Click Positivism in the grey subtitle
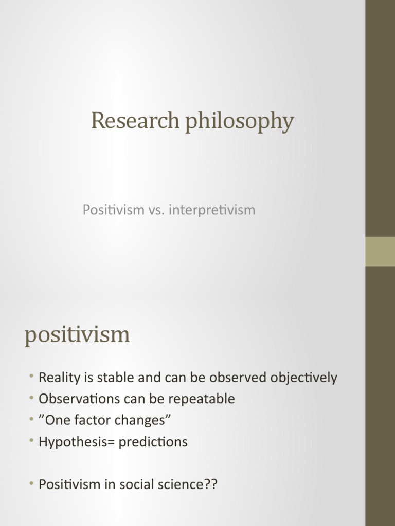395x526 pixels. pos(113,210)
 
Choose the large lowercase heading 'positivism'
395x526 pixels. pos(77,335)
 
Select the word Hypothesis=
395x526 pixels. pos(77,442)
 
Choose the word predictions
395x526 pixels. pos(153,442)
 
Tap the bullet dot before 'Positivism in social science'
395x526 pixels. pos(32,484)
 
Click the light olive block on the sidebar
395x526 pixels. pos(380,251)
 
